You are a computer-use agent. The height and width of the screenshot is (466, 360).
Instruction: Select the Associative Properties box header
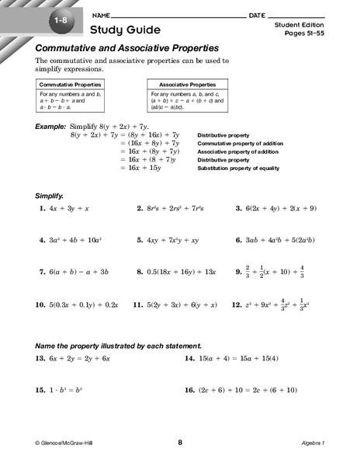point(187,83)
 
